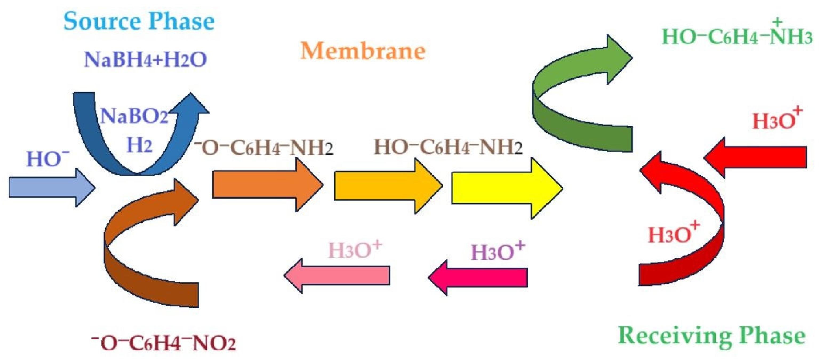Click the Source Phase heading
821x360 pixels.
(x=139, y=21)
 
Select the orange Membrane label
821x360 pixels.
(x=363, y=51)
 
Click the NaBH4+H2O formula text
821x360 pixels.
(x=146, y=60)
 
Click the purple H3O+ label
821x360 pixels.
(x=498, y=252)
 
